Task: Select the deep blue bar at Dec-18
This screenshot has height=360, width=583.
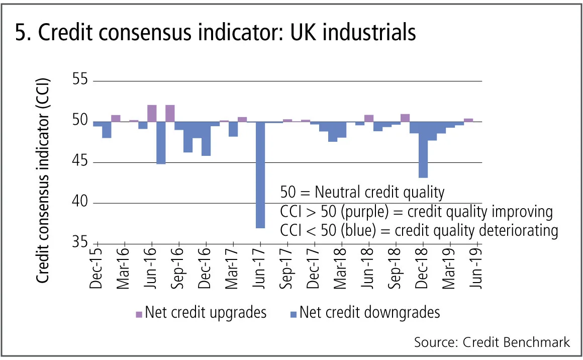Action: click(x=423, y=150)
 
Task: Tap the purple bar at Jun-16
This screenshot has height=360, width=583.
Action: click(x=152, y=113)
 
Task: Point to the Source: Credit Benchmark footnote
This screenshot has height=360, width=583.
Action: click(x=492, y=342)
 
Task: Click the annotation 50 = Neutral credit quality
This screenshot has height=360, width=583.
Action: click(x=362, y=192)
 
